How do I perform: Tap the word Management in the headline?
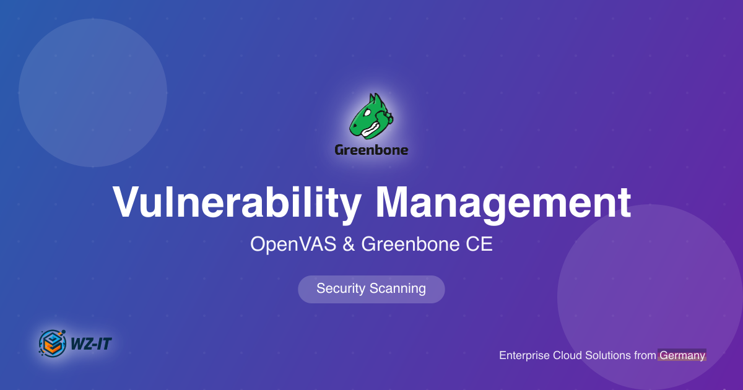[x=503, y=202]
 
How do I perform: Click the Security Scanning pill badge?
[x=371, y=289]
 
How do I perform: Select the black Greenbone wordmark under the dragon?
[x=371, y=150]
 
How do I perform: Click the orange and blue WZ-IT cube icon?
[x=53, y=342]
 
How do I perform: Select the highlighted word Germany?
[x=682, y=355]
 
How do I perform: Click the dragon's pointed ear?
[x=373, y=99]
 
